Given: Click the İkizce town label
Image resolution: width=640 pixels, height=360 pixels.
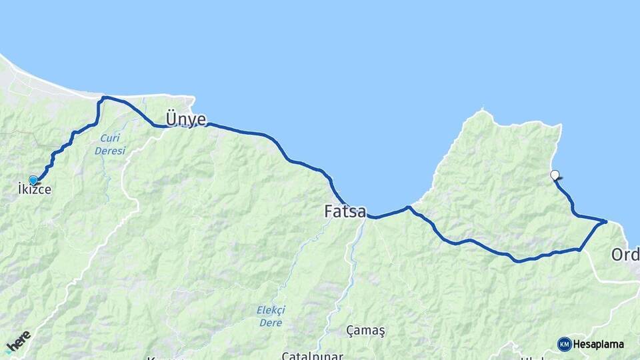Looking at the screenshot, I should point(35,190).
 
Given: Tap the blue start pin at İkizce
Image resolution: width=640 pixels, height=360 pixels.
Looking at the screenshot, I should point(33,179).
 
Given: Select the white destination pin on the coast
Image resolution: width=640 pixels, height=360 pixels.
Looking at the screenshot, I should point(555,175).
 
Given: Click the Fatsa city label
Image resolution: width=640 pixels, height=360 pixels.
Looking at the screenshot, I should point(345,212).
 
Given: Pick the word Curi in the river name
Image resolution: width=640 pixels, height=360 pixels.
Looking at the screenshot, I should point(110,139).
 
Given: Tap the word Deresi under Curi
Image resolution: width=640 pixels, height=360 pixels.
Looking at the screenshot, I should point(110,151).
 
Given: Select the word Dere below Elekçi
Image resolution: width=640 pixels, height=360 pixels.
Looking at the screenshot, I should point(271,323).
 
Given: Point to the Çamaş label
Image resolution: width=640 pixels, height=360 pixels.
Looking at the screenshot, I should point(366,330).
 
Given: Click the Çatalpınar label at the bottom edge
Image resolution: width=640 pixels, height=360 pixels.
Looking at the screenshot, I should point(312,355).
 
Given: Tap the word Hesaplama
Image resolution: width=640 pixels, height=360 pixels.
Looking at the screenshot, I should point(599,345).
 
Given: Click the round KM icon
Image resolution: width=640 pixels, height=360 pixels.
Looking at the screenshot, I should point(564,344).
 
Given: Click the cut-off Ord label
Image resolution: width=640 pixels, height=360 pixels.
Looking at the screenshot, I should point(625,255).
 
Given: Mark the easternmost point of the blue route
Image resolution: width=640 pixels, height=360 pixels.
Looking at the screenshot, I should point(606,221).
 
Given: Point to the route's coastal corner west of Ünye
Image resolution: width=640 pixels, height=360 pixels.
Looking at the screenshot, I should point(103,98).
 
